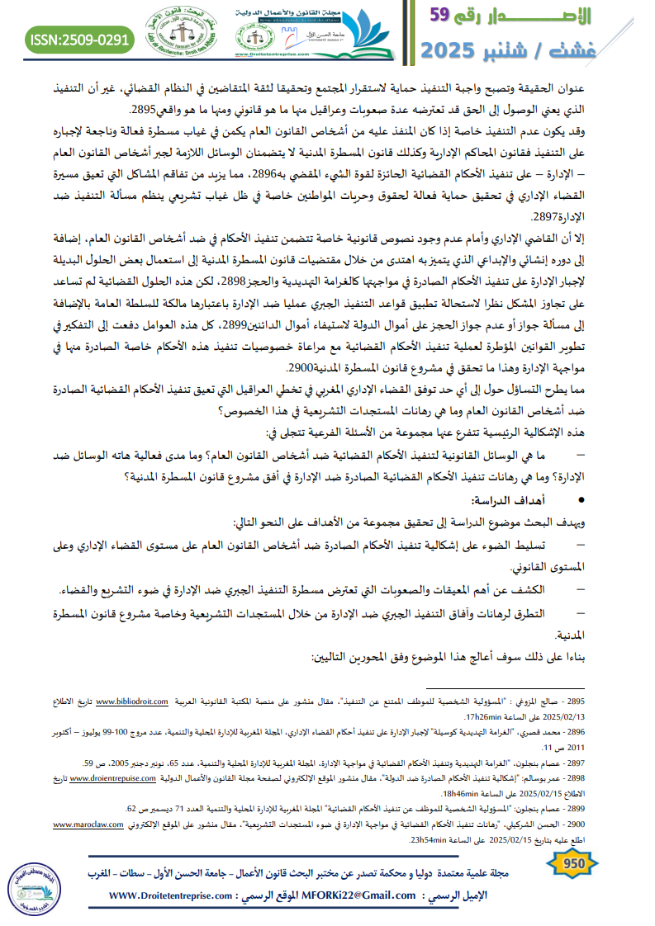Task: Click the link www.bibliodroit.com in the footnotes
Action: [133, 701]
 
